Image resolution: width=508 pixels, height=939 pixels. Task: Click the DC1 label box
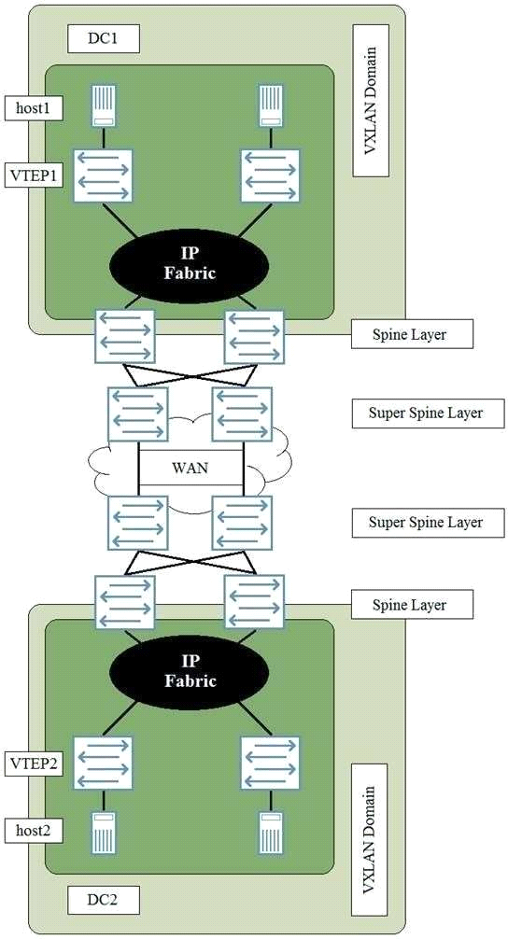(x=104, y=39)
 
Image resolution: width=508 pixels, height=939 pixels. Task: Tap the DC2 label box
(x=104, y=899)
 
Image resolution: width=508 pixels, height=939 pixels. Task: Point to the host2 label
(x=33, y=830)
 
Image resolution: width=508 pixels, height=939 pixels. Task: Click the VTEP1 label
(x=33, y=175)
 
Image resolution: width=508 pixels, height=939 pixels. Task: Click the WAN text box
(x=190, y=467)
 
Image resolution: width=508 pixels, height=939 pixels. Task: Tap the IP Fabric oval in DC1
(x=190, y=265)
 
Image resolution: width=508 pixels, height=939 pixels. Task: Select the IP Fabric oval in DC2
(x=190, y=672)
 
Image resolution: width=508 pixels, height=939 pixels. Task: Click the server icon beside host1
(x=104, y=105)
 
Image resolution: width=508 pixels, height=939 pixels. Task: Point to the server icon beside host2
(x=104, y=832)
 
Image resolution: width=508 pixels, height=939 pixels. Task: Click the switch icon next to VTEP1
(x=103, y=175)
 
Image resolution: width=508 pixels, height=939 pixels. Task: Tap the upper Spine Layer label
(x=412, y=334)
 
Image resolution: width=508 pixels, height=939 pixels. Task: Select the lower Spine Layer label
(x=412, y=604)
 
